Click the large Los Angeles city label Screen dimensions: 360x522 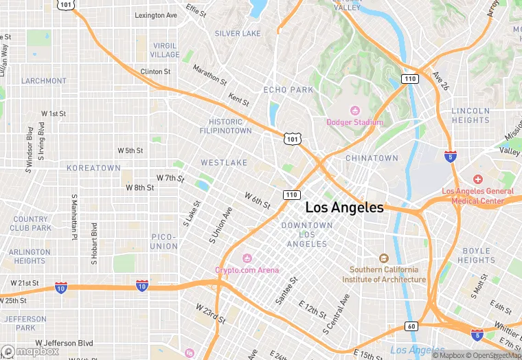tap(344, 207)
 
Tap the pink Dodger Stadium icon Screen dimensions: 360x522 tap(355, 111)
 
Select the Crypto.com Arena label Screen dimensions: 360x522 tap(247, 269)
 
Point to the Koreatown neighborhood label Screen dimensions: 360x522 tap(93, 168)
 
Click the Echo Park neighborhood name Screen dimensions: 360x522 tap(288, 90)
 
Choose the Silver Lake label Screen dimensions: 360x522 tap(238, 33)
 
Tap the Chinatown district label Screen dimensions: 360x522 tap(372, 158)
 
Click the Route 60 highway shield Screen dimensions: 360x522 tap(410, 326)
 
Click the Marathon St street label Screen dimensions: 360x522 tap(209, 75)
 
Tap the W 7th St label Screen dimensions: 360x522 tap(170, 178)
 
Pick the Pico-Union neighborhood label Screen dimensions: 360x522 tap(163, 241)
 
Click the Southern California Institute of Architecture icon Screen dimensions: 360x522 tap(384, 258)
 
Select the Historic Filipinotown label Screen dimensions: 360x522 tap(225, 126)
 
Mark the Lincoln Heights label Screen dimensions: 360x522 tap(470, 115)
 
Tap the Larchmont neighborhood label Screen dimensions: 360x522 tap(44, 81)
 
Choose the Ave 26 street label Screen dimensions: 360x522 tap(440, 81)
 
